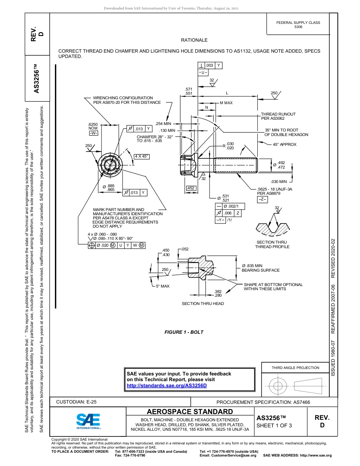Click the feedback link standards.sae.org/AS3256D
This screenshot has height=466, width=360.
pos(166,385)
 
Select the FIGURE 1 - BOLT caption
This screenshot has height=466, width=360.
pos(184,332)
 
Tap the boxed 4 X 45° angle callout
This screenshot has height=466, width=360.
pos(142,156)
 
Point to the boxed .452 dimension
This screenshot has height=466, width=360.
pos(191,188)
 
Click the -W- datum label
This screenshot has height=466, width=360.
pos(93,133)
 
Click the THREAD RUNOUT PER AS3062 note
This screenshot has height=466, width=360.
pos(278,116)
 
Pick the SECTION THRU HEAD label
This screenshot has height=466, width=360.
pos(203,303)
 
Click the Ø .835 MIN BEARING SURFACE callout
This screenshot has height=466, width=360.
pos(260,268)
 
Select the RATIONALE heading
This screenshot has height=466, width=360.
pos(194,40)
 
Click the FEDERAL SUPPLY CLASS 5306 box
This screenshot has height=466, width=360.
pos(298,25)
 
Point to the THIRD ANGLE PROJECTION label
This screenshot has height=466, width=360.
pos(295,367)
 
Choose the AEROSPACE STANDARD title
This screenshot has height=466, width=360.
pos(190,411)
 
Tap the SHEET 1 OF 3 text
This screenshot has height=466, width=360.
pos(274,425)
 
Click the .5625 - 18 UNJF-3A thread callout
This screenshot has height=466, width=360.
pos(275,189)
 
